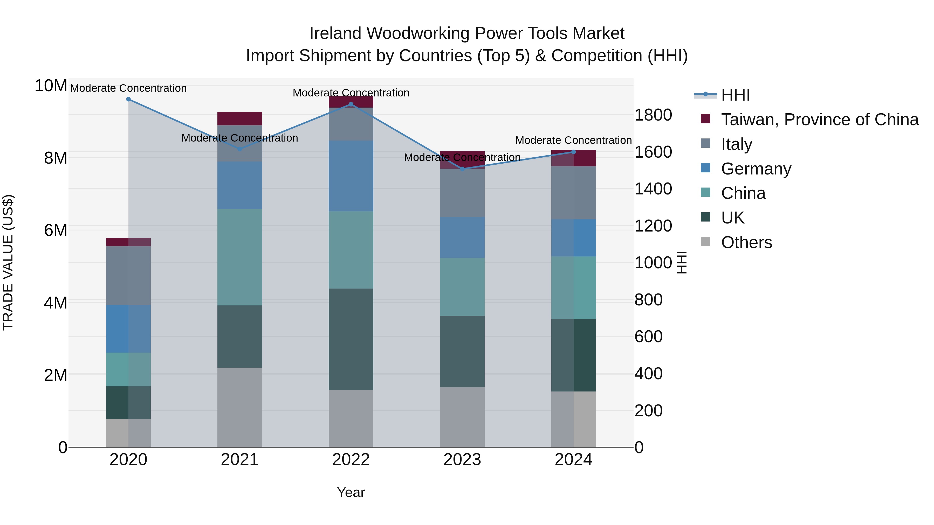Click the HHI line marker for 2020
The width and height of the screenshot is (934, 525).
(128, 99)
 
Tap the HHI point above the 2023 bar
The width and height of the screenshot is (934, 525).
(462, 169)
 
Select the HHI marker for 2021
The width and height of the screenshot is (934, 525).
(240, 149)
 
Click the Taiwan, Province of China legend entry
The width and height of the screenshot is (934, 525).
(819, 120)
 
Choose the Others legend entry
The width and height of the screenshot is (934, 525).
(746, 242)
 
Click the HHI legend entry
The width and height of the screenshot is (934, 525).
(735, 95)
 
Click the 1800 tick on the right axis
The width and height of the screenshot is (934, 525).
(653, 115)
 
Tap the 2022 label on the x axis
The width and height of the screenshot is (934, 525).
(351, 460)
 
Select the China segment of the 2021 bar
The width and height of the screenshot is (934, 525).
(240, 257)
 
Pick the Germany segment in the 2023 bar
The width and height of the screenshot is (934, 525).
(462, 237)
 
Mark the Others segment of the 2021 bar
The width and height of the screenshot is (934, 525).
(240, 407)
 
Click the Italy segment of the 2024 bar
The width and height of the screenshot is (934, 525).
(573, 192)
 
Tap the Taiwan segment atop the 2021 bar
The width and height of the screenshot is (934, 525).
(240, 118)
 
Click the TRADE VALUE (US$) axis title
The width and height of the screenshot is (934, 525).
(8, 262)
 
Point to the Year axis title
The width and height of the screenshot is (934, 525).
(351, 492)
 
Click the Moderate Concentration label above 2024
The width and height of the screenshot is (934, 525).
(573, 140)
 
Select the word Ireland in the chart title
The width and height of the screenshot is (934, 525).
(335, 33)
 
